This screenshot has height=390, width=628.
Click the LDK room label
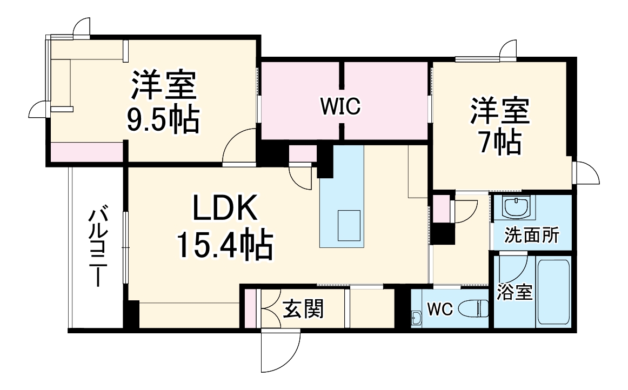tap(225, 209)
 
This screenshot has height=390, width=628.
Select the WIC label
tap(340, 107)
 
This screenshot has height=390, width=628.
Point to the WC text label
tap(439, 310)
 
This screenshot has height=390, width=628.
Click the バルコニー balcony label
tap(98, 246)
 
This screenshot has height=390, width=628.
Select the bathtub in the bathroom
tap(553, 292)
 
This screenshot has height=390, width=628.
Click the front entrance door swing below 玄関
tap(280, 351)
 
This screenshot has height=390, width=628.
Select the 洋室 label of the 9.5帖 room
tap(163, 85)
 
